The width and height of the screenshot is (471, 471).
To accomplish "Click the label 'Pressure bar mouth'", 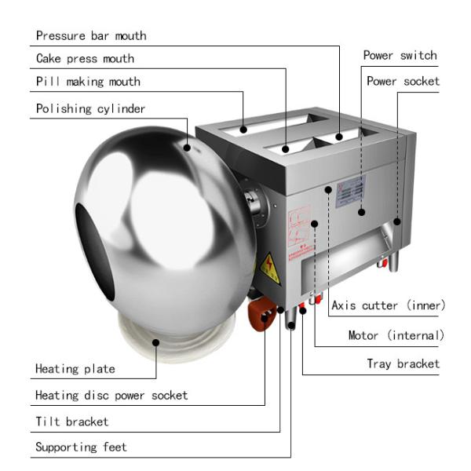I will [91, 35].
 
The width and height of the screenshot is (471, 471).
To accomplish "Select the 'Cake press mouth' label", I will [85, 58].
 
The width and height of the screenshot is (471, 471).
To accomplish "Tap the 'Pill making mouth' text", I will [88, 82].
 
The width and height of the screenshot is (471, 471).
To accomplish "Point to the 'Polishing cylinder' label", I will [90, 108].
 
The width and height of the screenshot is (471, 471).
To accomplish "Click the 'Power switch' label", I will [400, 56].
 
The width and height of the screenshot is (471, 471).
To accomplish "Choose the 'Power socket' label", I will [403, 81].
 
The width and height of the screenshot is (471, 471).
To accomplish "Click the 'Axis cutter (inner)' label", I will [388, 305].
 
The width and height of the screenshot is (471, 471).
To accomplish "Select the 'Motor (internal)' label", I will [396, 335].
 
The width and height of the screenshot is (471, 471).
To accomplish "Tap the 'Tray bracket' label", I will [403, 363].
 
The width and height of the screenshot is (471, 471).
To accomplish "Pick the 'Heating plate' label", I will [75, 368].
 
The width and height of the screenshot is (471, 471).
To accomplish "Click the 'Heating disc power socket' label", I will [111, 395].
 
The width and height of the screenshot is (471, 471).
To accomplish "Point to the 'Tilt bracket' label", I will [72, 422].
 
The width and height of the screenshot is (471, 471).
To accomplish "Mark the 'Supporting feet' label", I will [81, 447].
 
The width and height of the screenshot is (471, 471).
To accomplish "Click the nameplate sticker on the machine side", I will [351, 191].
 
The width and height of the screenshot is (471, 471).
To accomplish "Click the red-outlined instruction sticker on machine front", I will [299, 227].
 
